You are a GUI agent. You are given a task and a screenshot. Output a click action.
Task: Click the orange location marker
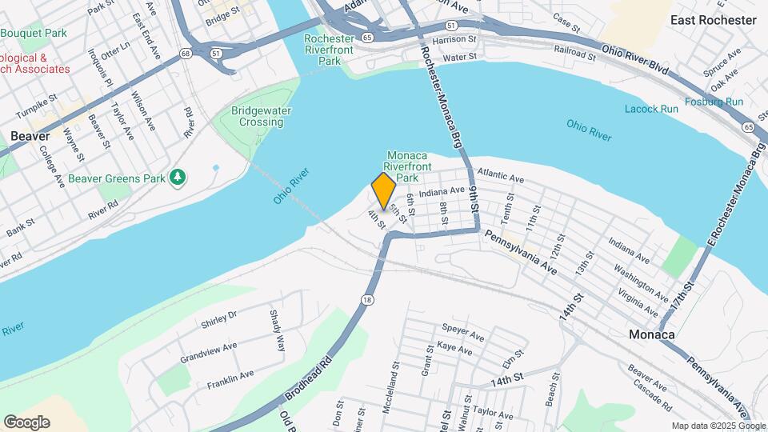[x=383, y=191]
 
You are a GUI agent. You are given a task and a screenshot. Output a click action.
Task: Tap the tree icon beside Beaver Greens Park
[x=178, y=177]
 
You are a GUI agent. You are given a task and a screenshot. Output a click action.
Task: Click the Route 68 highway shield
[x=186, y=54]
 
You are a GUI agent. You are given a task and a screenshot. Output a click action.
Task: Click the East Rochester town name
[x=713, y=20]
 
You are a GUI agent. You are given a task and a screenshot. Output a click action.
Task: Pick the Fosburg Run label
[x=714, y=102]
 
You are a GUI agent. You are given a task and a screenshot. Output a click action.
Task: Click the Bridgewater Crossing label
[x=258, y=116]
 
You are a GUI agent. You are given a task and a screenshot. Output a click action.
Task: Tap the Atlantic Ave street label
[x=500, y=174]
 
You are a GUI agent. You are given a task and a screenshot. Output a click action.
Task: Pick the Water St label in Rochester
[x=460, y=57]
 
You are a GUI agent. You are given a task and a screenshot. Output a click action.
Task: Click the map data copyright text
[x=718, y=426]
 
